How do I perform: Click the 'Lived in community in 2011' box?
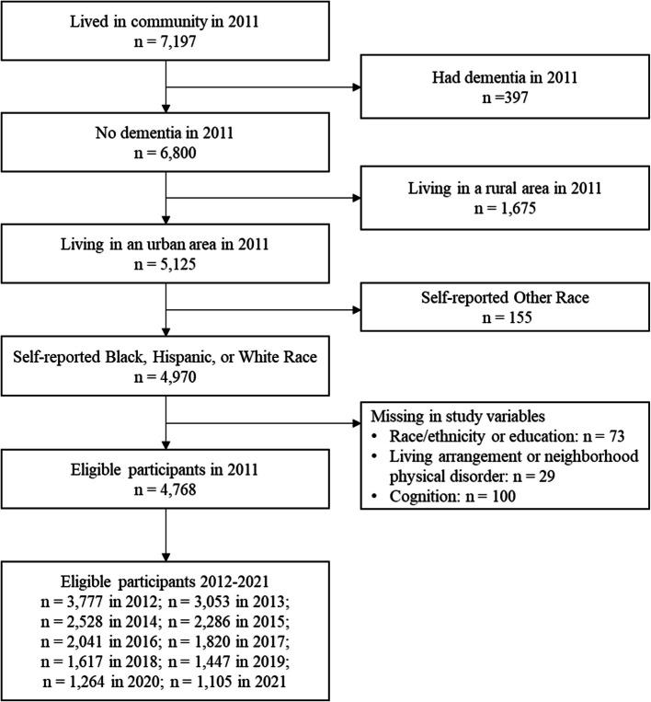tap(166, 34)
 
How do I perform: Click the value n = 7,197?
tap(166, 45)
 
